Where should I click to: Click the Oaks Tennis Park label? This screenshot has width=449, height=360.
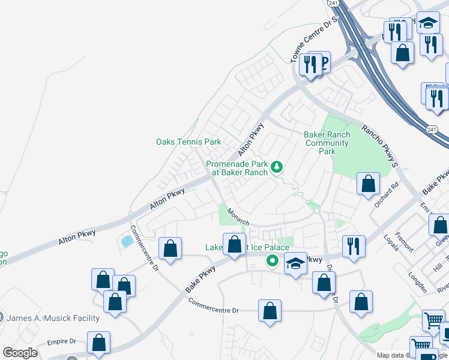[188, 142]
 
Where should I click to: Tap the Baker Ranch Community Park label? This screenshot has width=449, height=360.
[327, 143]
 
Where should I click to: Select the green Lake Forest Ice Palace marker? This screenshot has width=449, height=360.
[272, 260]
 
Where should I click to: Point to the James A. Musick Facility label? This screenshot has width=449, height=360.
[53, 317]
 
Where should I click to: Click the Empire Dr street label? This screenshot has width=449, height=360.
[62, 342]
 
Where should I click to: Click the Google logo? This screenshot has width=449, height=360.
[20, 353]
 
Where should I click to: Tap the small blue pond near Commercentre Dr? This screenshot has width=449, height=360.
[126, 242]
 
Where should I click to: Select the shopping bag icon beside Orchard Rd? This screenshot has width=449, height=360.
[368, 184]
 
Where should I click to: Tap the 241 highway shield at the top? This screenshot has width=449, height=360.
[334, 3]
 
